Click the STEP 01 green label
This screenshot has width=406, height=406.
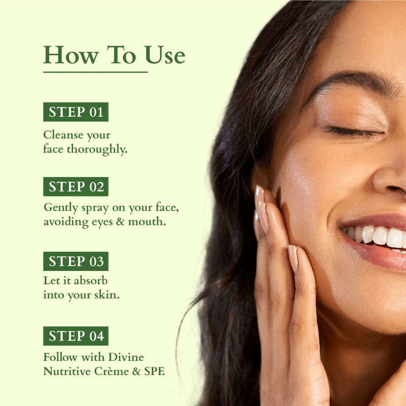(76, 112)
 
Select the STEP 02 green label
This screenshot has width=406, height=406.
(76, 186)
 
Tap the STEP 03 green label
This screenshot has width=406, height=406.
(76, 261)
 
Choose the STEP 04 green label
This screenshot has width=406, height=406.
(76, 336)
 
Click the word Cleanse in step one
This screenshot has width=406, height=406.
(63, 135)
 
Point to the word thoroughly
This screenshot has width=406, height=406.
(97, 149)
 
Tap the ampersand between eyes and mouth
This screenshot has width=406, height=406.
(120, 222)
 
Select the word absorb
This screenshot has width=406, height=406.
(91, 281)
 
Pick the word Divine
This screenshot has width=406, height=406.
(126, 357)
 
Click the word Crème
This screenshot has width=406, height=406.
(112, 371)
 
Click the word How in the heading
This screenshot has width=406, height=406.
(71, 55)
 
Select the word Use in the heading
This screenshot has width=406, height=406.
(165, 55)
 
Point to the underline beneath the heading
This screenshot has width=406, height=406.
(95, 72)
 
